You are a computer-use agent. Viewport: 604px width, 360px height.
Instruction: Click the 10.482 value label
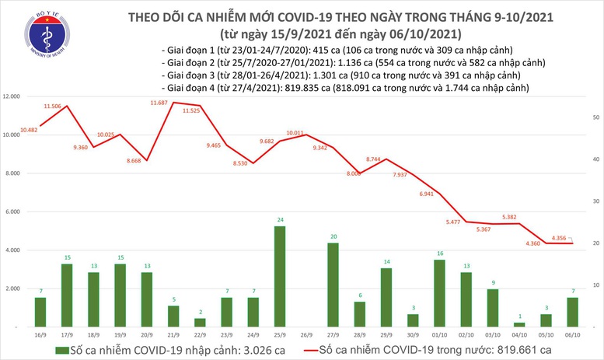pos(33,129)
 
